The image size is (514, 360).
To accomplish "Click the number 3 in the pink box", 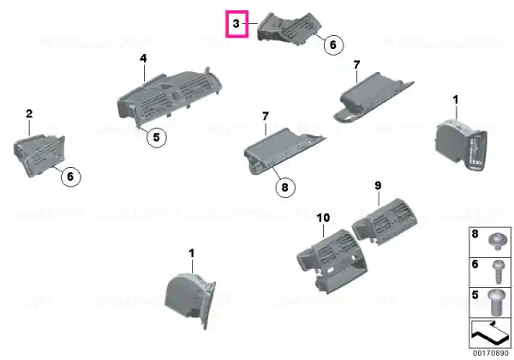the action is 236,24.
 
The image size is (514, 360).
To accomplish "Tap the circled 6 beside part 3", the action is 333,45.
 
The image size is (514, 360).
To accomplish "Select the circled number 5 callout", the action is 157,137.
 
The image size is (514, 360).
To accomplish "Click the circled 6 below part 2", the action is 70,177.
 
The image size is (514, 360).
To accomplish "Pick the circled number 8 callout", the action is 284,188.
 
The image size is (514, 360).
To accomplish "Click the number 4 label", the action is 143,58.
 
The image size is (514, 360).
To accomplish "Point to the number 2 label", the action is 29,114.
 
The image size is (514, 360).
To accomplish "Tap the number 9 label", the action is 378,186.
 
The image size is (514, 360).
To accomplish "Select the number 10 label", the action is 323,218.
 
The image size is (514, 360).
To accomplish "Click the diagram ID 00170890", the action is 490,354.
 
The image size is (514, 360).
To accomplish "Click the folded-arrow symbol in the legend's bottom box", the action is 490,333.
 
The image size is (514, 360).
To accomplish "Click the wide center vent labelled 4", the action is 169,94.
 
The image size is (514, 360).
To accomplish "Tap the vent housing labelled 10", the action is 332,261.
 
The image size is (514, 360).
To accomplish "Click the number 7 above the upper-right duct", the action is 356,65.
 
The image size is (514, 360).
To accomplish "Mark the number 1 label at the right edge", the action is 456,99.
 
